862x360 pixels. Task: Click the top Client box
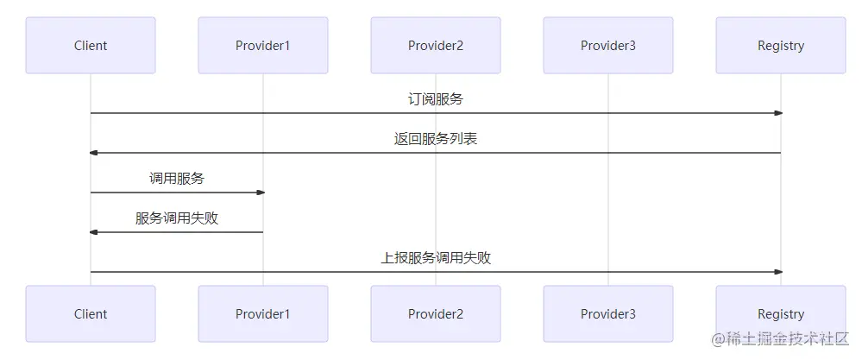coord(91,45)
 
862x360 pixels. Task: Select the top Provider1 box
coord(263,45)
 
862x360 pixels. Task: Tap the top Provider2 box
coord(436,45)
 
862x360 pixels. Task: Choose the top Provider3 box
coord(608,45)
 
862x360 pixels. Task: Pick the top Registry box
coord(781,45)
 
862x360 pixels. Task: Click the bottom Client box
coord(91,314)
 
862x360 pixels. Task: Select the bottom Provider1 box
coord(263,314)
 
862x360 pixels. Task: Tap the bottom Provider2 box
coord(436,314)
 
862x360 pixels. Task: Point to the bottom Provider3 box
coord(608,314)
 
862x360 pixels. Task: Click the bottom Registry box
coord(781,314)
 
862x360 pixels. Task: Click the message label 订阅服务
coord(436,99)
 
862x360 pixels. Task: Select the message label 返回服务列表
coord(436,139)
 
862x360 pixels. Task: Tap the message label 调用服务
coord(177,179)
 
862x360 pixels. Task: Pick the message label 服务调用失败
coord(177,218)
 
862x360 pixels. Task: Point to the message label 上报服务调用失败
coord(436,258)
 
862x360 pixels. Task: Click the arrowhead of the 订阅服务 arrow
coord(777,113)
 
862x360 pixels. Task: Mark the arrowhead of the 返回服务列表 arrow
coord(94,153)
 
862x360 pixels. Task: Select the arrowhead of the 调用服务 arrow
coord(260,193)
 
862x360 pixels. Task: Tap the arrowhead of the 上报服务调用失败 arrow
coord(777,272)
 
